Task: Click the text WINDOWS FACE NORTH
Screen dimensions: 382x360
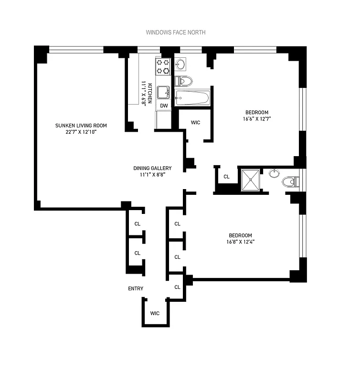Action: pyautogui.click(x=175, y=32)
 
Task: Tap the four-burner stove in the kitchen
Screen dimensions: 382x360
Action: pyautogui.click(x=163, y=66)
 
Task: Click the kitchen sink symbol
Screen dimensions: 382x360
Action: pyautogui.click(x=163, y=91)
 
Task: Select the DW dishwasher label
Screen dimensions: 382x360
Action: pyautogui.click(x=163, y=106)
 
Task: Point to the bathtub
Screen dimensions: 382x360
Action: pyautogui.click(x=192, y=99)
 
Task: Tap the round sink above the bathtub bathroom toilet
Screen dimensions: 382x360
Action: pyautogui.click(x=180, y=64)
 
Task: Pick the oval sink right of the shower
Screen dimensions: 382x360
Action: pyautogui.click(x=274, y=173)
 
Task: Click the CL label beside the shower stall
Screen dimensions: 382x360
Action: pyautogui.click(x=226, y=177)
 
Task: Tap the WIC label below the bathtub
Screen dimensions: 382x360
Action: pyautogui.click(x=195, y=123)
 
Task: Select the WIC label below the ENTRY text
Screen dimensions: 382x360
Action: pyautogui.click(x=155, y=313)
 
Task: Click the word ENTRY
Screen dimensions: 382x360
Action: pyautogui.click(x=136, y=288)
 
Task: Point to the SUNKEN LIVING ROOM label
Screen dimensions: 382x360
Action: pyautogui.click(x=81, y=126)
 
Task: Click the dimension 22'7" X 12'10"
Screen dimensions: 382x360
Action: pyautogui.click(x=81, y=132)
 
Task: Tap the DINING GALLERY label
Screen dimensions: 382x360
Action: pyautogui.click(x=152, y=168)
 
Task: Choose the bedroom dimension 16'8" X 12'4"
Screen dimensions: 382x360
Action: pyautogui.click(x=247, y=242)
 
